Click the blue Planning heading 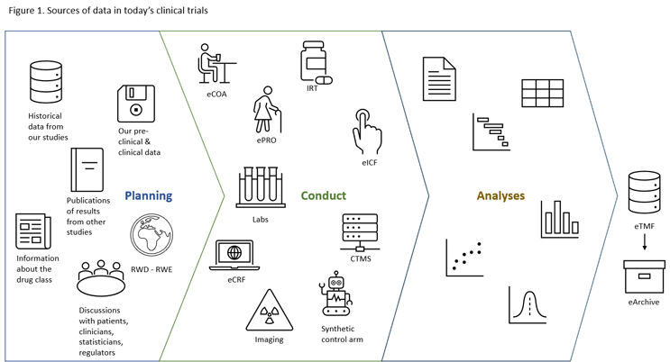pyautogui.click(x=149, y=195)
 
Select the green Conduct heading pyautogui.click(x=324, y=195)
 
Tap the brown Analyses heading pyautogui.click(x=499, y=195)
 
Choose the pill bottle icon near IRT pyautogui.click(x=316, y=63)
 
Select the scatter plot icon pyautogui.click(x=463, y=258)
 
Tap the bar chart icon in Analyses pyautogui.click(x=559, y=219)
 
